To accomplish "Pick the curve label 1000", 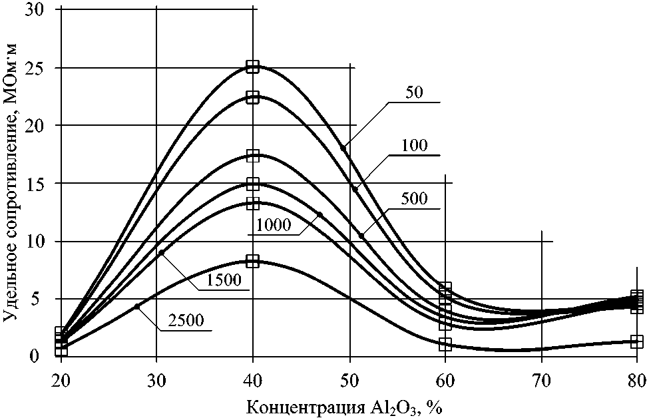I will pyautogui.click(x=273, y=225).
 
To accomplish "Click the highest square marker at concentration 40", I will pyautogui.click(x=252, y=67).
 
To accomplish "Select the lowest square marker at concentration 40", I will pyautogui.click(x=252, y=261).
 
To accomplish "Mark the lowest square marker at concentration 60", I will pyautogui.click(x=445, y=344).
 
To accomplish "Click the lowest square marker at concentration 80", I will pyautogui.click(x=637, y=341).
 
